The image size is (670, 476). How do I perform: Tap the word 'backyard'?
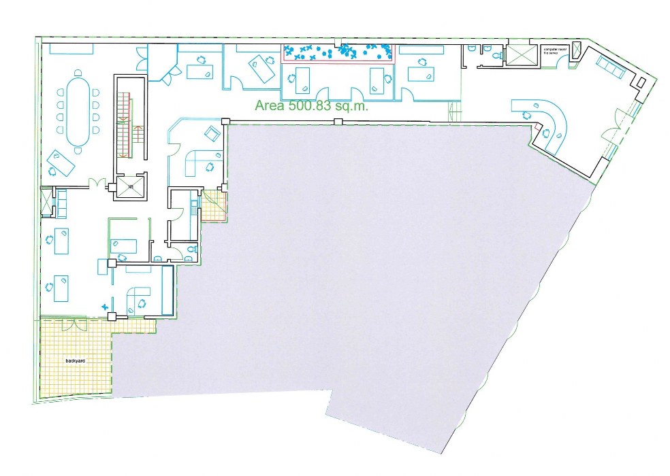pyautogui.click(x=75, y=360)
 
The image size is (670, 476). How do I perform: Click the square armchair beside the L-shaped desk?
pyautogui.click(x=212, y=133)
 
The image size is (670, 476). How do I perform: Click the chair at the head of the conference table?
pyautogui.click(x=78, y=73)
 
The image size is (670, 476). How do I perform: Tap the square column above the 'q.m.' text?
pyautogui.click(x=337, y=122)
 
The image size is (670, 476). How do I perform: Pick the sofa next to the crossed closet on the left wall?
pyautogui.click(x=61, y=202)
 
